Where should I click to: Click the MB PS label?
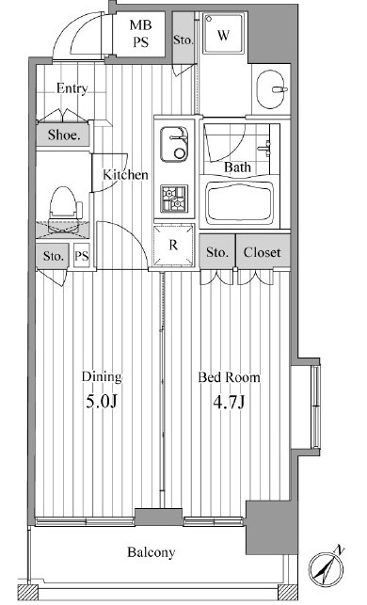(140, 34)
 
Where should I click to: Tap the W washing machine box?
(224, 34)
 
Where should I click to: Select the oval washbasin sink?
(272, 89)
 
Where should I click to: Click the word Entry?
(72, 88)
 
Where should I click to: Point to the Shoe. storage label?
(64, 135)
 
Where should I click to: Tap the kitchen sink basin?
(174, 144)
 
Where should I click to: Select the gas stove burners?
(174, 199)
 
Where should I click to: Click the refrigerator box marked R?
(174, 245)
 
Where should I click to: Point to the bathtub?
(240, 204)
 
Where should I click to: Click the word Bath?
(237, 167)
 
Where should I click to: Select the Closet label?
(262, 252)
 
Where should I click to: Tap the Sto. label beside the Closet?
(217, 252)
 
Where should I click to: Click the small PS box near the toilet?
(82, 255)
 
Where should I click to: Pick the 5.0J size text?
(101, 402)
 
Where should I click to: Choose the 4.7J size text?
(229, 402)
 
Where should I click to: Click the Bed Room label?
(229, 377)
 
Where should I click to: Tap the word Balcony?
(152, 552)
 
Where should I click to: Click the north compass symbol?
(327, 567)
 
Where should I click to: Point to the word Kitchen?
(125, 175)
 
